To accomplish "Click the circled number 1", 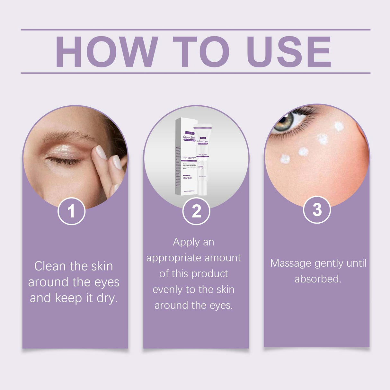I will pyautogui.click(x=71, y=211).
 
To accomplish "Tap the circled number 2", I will pyautogui.click(x=196, y=211).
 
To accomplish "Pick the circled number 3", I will pyautogui.click(x=317, y=210).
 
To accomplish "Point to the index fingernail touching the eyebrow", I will pyautogui.click(x=101, y=152).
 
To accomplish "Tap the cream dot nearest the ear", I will pyautogui.click(x=339, y=126).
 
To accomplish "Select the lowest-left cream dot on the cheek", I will pyautogui.click(x=285, y=159).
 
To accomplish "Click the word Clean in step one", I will pyautogui.click(x=50, y=266).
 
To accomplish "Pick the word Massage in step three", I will pyautogui.click(x=290, y=263).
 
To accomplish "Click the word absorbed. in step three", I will pyautogui.click(x=318, y=279).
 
